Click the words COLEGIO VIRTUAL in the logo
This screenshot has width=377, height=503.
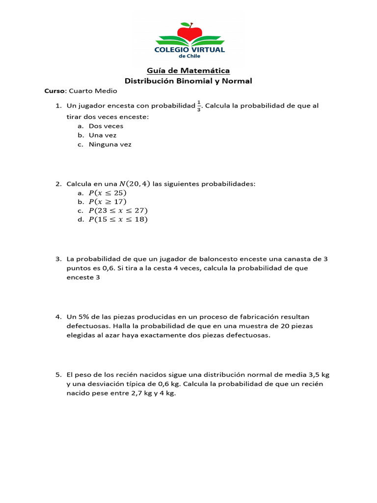tap(189, 50)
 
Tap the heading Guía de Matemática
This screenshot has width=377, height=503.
tap(188, 71)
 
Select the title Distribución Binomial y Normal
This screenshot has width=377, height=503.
tap(188, 81)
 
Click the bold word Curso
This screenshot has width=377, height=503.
tap(54, 91)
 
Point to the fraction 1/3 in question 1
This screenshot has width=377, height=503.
tap(199, 106)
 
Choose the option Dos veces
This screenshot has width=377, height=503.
tap(106, 126)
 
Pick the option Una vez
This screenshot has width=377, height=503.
tap(103, 135)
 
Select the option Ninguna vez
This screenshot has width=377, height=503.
tap(110, 144)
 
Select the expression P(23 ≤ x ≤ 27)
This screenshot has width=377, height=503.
tap(118, 210)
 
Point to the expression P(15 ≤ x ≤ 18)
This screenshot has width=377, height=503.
tap(118, 219)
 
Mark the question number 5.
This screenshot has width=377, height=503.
tap(58, 374)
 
